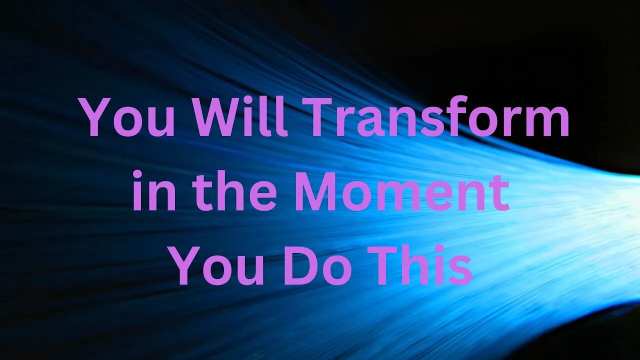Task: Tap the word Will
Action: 240,119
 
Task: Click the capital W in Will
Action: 219,119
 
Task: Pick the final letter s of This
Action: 460,270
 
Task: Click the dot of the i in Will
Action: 256,102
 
